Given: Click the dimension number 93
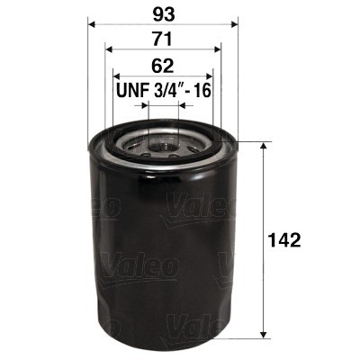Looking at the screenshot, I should (x=162, y=13).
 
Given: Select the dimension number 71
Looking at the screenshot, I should (x=162, y=40).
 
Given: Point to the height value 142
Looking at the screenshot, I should (x=284, y=240).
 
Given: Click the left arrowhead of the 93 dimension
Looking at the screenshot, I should (x=91, y=24).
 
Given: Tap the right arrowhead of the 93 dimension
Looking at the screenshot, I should (x=231, y=24).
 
